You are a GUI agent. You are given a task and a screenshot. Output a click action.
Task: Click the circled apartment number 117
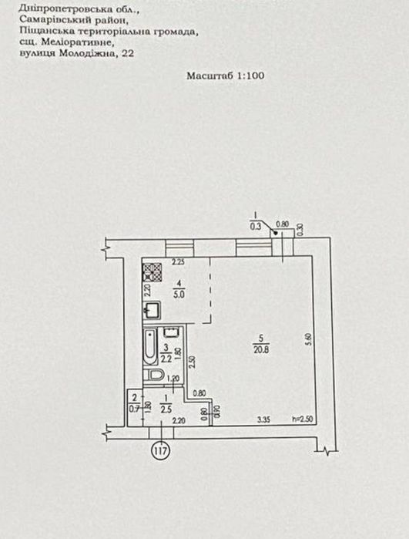tap(161, 450)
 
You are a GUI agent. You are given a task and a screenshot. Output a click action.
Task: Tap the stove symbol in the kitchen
tap(153, 272)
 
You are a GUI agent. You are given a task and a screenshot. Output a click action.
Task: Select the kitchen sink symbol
tap(152, 310)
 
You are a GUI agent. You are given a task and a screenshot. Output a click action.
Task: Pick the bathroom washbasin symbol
tap(171, 333)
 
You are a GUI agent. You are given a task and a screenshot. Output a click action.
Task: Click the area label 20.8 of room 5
tap(261, 350)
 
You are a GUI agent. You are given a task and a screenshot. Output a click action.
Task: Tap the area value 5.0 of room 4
tap(179, 295)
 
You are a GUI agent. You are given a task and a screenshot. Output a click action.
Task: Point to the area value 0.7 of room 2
tap(134, 409)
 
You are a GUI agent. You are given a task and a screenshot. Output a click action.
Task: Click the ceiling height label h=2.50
tap(303, 419)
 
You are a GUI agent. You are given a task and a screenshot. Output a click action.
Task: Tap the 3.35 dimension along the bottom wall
tap(264, 419)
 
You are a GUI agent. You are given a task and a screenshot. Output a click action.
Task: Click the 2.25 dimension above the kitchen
tap(178, 262)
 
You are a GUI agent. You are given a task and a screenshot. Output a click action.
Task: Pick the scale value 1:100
tap(250, 76)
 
